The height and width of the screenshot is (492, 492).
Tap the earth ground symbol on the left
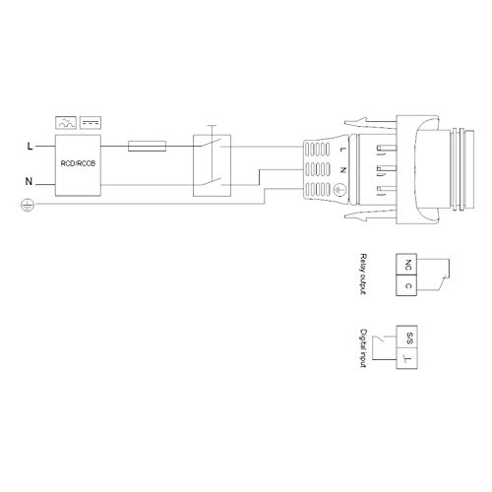(x=27, y=205)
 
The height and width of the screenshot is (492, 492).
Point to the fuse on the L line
(x=148, y=146)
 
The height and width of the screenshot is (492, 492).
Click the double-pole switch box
(x=212, y=164)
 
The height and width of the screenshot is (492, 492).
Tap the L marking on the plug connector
(x=339, y=150)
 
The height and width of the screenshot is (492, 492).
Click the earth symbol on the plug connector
(x=339, y=187)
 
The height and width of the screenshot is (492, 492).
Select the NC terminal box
(x=407, y=266)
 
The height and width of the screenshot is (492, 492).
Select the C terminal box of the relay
(x=407, y=286)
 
